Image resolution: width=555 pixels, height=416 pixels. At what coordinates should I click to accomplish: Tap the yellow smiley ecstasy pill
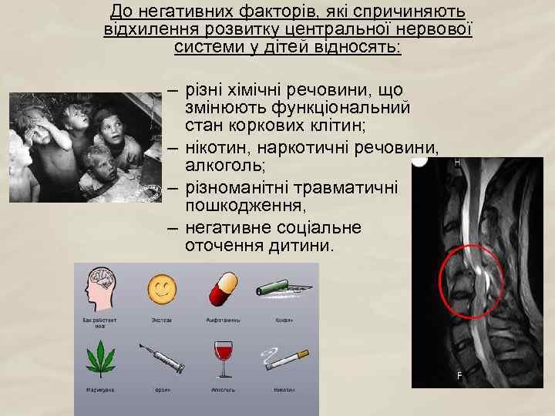(x=162, y=288)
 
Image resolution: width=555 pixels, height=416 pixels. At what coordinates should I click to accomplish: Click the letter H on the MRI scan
(x=456, y=163)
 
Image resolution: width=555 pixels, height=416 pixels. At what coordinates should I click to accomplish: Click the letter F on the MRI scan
(x=459, y=375)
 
